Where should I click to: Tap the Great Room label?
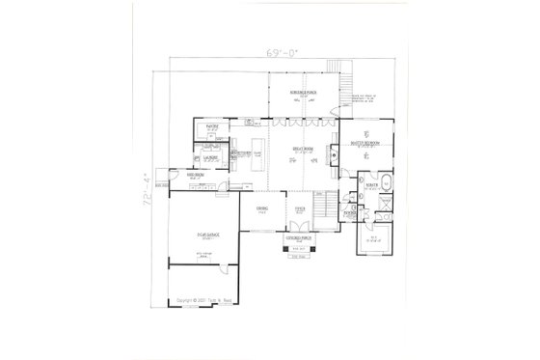click(299, 146)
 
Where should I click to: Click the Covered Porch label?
click(298, 236)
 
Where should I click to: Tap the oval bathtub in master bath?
click(384, 181)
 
